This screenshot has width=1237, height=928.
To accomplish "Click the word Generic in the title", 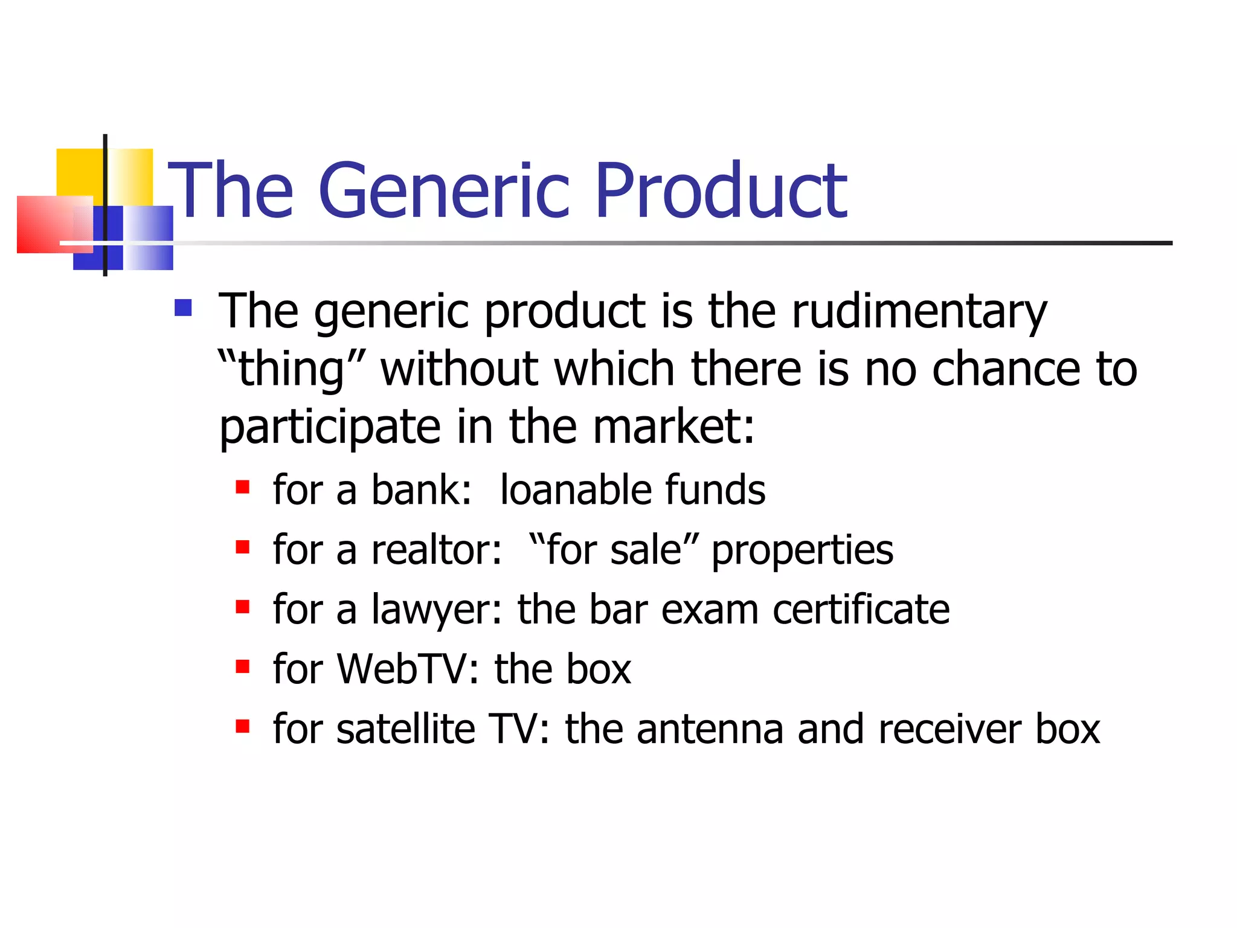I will click(444, 190).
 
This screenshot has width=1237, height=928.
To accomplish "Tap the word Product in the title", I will click(721, 190).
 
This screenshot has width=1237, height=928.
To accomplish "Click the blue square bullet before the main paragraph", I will click(183, 308).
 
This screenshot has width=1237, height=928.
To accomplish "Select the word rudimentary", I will click(919, 311).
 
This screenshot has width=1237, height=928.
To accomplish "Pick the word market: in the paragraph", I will click(673, 427).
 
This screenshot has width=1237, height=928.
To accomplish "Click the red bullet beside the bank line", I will click(243, 487).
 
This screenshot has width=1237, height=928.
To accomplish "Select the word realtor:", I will click(436, 550).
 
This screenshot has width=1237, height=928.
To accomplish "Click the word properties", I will click(802, 551).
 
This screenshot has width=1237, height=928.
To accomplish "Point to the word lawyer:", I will click(436, 610).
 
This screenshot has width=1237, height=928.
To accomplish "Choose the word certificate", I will click(861, 609).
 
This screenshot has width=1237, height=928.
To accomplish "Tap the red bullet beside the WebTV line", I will click(243, 666).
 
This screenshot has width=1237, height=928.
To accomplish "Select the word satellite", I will click(406, 729).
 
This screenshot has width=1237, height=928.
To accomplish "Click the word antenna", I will click(710, 730).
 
